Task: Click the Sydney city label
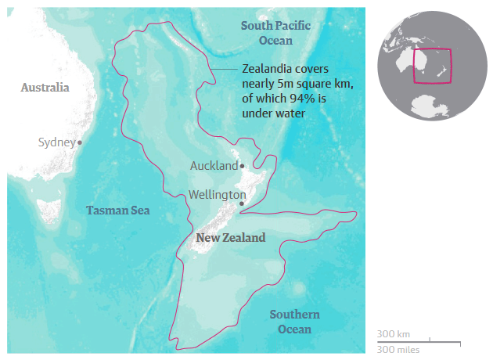(56, 142)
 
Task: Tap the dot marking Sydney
(80, 142)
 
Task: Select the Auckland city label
(214, 166)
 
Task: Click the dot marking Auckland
(243, 166)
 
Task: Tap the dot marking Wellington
(242, 203)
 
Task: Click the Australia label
(45, 87)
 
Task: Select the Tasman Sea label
(117, 211)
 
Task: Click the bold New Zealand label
(230, 237)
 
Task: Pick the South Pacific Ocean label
(275, 33)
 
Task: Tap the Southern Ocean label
(294, 322)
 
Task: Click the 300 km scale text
(393, 334)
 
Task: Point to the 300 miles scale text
(398, 349)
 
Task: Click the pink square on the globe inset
(433, 66)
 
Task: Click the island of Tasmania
(49, 210)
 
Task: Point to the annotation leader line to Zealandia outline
(227, 69)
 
